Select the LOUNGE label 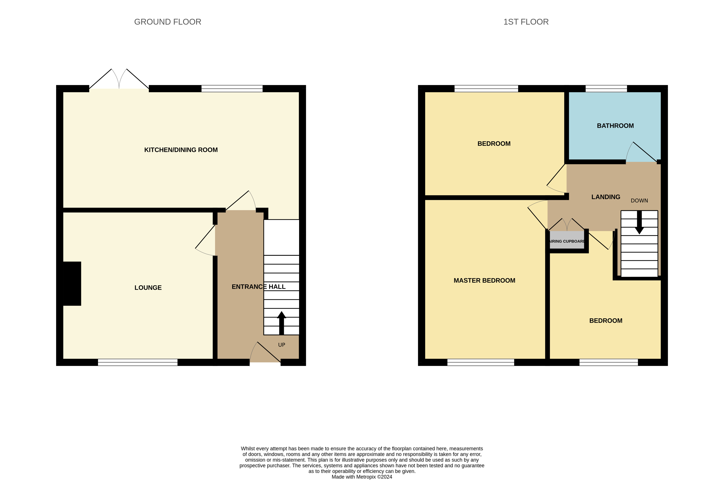click(148, 288)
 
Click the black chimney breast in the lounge click(72, 283)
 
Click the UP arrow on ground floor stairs click(281, 323)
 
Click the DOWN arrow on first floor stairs click(639, 223)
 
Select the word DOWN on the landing click(639, 201)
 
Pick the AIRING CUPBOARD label click(567, 241)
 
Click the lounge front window click(137, 362)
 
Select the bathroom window click(606, 89)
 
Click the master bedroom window click(481, 362)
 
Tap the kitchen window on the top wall click(232, 89)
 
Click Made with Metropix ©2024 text click(362, 477)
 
